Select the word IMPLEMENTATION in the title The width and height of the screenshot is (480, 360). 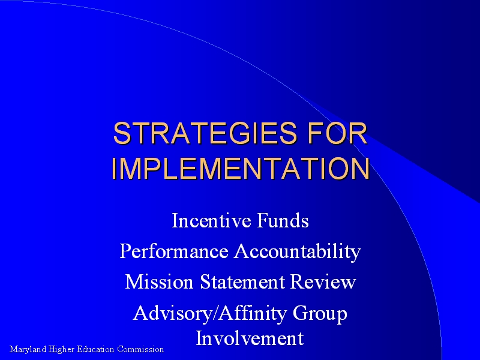click(241, 168)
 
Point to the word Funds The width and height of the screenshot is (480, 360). click(283, 220)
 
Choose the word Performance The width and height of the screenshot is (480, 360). click(174, 251)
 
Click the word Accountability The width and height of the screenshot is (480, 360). click(298, 252)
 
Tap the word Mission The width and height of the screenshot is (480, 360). click(159, 281)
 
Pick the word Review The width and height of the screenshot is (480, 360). click(323, 281)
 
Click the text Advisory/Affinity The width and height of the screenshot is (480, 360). click(209, 313)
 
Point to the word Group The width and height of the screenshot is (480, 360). click(320, 314)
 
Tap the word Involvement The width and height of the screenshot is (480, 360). click(250, 338)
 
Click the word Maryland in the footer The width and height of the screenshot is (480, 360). click(28, 350)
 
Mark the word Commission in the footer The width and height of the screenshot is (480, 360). click(140, 349)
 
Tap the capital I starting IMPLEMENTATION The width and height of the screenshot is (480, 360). click(113, 169)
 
